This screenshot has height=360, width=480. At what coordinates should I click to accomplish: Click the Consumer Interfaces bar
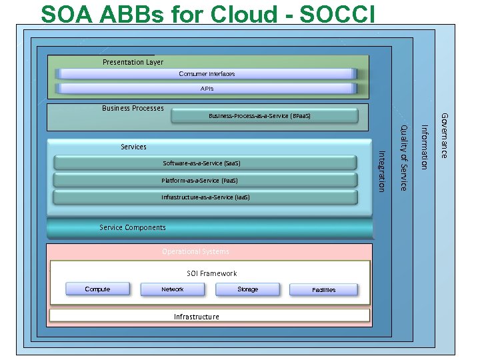tap(207, 74)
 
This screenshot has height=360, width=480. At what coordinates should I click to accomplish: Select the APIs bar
tap(207, 88)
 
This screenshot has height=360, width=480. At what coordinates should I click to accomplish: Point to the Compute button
tap(97, 289)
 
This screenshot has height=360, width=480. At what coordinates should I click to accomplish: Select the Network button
tap(173, 289)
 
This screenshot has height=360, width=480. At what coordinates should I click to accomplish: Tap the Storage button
tap(247, 289)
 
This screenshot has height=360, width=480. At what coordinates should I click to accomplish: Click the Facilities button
tap(323, 289)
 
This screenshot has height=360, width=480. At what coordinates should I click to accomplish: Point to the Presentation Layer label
tap(133, 62)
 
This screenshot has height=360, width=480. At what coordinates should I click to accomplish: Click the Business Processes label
tap(133, 108)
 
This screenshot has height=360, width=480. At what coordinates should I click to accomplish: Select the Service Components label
tap(133, 227)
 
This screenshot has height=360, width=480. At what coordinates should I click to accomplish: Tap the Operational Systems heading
tap(195, 251)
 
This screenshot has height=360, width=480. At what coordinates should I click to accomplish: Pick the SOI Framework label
tap(211, 273)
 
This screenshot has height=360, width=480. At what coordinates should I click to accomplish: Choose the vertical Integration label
tap(381, 171)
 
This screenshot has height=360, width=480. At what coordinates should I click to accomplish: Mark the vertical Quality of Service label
tap(403, 157)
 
